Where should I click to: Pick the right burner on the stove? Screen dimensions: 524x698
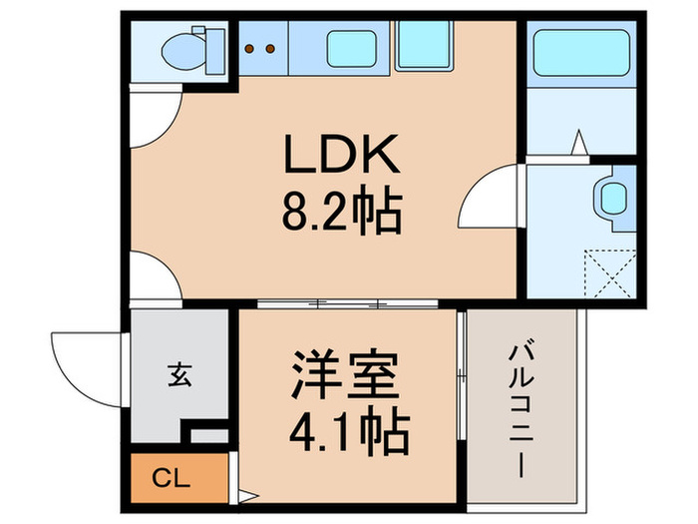tap(270, 46)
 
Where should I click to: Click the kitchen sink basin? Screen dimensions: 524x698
tap(351, 47)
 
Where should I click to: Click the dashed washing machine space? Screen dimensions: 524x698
tap(608, 270)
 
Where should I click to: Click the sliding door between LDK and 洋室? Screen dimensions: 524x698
tap(348, 301)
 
